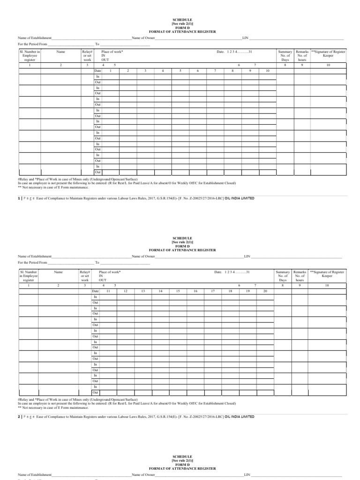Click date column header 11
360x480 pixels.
click(x=108, y=291)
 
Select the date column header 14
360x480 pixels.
click(x=160, y=291)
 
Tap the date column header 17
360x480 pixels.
click(x=212, y=291)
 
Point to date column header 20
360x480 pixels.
click(x=265, y=291)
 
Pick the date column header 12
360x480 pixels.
click(x=126, y=291)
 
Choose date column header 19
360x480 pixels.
click(x=247, y=291)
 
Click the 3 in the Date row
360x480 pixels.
click(x=145, y=70)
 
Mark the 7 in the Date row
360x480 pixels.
click(x=215, y=70)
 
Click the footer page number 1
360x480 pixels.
click(x=19, y=199)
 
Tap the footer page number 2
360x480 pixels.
click(x=19, y=417)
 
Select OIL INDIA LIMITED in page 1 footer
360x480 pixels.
click(x=240, y=199)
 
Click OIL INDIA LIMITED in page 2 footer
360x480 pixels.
click(x=240, y=417)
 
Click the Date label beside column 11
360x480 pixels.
click(x=96, y=291)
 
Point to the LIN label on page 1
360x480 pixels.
click(x=244, y=37)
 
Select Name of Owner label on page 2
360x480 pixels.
click(x=143, y=257)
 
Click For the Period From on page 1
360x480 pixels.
click(x=33, y=44)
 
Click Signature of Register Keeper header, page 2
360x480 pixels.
click(x=328, y=274)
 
